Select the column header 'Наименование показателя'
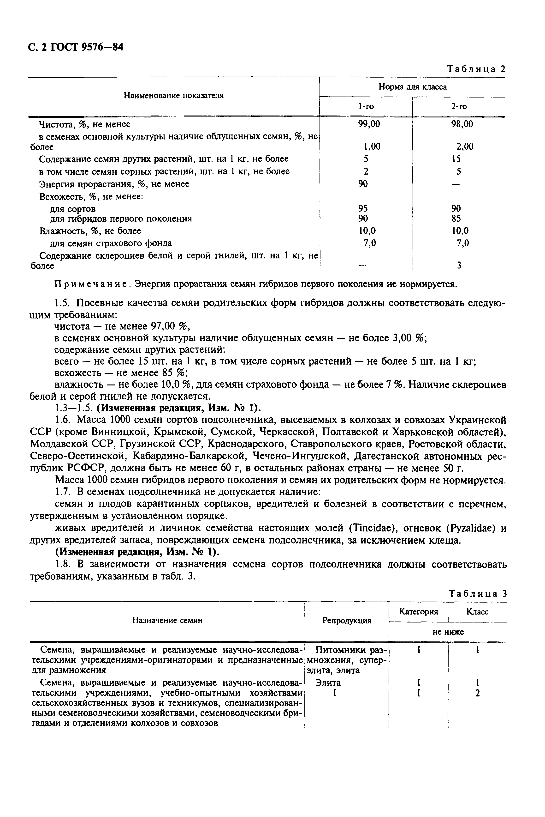[x=174, y=96]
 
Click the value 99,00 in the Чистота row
[x=369, y=124]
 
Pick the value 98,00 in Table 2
[x=462, y=124]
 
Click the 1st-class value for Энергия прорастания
[x=363, y=184]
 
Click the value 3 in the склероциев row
[x=459, y=266]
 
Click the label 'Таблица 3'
[x=478, y=594]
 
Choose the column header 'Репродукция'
[x=347, y=620]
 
